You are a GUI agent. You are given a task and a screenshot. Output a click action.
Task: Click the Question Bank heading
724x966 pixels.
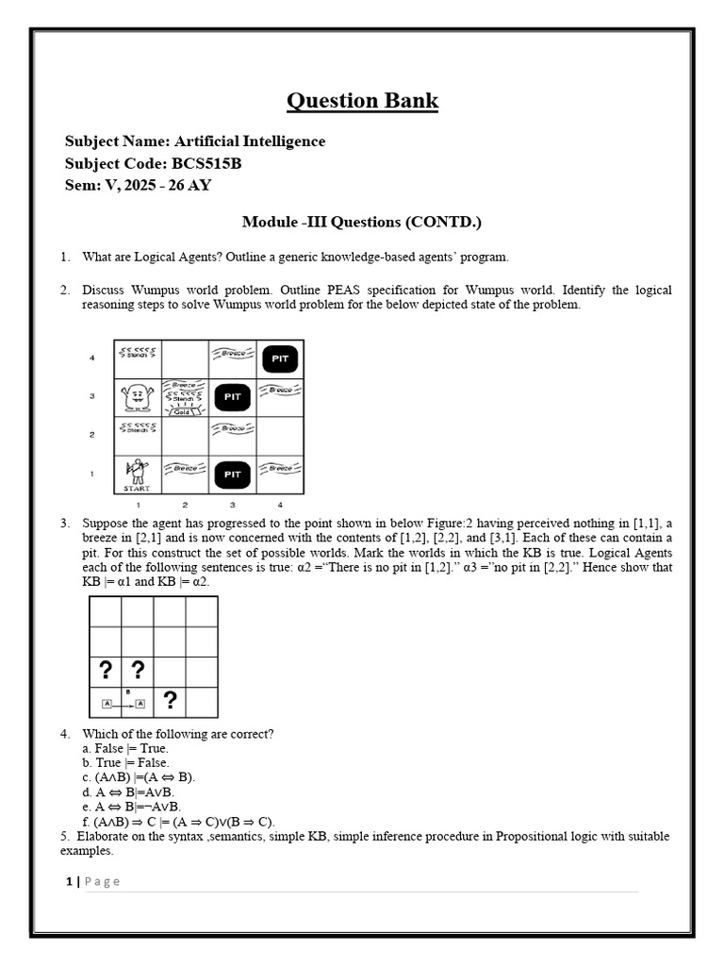362,101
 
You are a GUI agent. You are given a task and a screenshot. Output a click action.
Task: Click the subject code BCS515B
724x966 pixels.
206,162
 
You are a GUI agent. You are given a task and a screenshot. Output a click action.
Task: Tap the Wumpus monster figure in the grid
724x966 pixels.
138,397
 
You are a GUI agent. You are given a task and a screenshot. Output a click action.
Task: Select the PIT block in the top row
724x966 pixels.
280,358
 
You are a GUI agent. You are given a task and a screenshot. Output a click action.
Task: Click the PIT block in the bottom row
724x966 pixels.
233,475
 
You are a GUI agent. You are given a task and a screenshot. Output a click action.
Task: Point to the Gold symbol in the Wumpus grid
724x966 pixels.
185,410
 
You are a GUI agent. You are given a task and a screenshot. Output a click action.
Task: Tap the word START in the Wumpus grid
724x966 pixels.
138,489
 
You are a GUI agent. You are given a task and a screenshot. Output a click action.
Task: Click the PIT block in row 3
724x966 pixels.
233,397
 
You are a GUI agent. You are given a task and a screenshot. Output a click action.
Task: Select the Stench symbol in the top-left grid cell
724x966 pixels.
138,354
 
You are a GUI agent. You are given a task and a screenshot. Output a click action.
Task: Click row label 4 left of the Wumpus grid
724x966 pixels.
92,358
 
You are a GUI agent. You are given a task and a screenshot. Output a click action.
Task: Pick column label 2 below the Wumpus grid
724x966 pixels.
185,505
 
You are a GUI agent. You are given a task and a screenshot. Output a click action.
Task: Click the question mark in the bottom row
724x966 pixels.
170,700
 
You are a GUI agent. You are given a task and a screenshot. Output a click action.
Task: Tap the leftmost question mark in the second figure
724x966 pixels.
106,670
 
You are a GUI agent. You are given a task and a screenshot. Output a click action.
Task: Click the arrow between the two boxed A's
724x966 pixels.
123,704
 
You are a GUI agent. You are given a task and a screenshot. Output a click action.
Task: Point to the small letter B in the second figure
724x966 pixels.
127,691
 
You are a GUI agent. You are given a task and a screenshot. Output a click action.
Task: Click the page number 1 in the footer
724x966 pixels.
69,881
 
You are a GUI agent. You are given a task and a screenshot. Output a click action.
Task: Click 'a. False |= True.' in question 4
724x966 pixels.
125,748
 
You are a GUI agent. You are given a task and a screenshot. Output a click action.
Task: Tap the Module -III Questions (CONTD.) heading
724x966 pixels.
362,222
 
